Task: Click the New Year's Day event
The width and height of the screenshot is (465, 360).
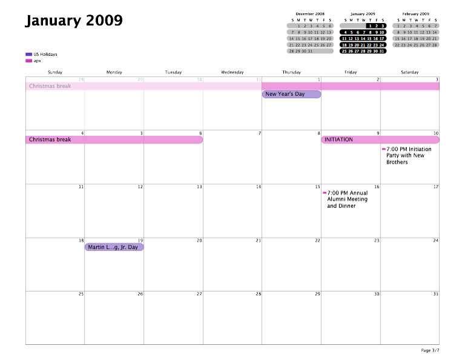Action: (291, 95)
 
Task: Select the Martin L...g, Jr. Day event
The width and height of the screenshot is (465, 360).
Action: (114, 247)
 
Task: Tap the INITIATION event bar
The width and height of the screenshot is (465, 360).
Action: (380, 140)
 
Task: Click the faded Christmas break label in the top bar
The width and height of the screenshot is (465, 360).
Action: (50, 86)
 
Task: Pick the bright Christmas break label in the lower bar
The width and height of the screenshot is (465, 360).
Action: (50, 140)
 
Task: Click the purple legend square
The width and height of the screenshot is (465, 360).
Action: (28, 55)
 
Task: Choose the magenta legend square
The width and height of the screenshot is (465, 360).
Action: (28, 61)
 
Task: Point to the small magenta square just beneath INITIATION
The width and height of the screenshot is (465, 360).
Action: (384, 150)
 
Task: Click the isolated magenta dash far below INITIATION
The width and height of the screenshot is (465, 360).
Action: (325, 193)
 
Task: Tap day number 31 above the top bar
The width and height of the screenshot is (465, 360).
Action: (259, 80)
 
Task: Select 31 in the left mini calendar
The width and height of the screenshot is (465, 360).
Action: (311, 52)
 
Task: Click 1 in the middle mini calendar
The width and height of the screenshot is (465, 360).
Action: (370, 26)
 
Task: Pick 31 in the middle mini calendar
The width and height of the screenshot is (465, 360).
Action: (382, 52)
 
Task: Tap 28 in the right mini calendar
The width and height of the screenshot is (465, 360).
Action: (435, 45)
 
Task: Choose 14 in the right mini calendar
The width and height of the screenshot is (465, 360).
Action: (435, 32)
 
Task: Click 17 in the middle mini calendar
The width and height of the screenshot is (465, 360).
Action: (381, 39)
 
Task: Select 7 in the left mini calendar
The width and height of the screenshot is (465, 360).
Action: (292, 32)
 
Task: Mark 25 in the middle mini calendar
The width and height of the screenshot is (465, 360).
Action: (345, 52)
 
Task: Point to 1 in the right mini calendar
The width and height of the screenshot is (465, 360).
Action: (398, 26)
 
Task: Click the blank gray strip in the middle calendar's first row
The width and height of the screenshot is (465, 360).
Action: (352, 26)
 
